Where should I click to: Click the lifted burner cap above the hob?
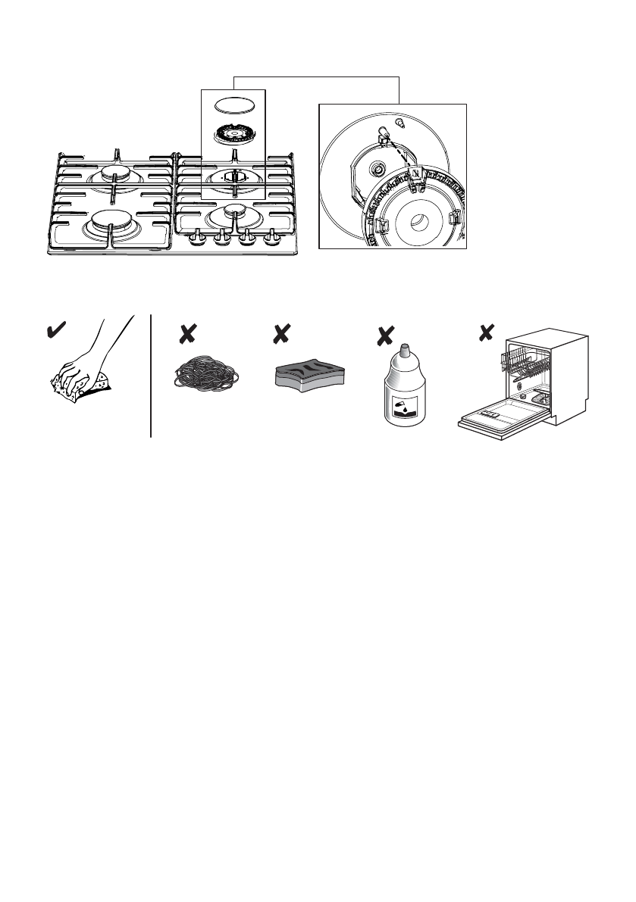[x=233, y=105]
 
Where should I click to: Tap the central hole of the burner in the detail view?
[x=418, y=223]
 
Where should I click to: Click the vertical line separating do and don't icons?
[x=152, y=376]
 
